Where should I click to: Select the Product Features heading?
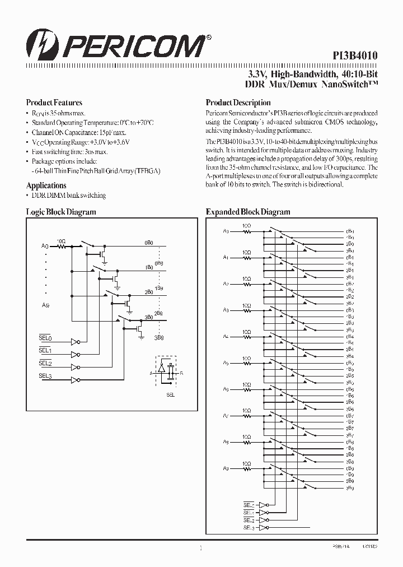(x=54, y=103)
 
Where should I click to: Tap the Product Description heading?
(x=238, y=103)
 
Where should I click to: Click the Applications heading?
(x=46, y=185)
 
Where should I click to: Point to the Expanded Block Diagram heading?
(x=248, y=212)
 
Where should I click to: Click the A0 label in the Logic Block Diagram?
(x=45, y=246)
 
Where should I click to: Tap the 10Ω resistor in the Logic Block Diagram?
(x=62, y=245)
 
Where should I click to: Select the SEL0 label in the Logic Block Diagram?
(x=45, y=338)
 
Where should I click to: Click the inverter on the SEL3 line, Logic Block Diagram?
(x=74, y=380)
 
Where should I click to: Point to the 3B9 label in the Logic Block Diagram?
(x=159, y=338)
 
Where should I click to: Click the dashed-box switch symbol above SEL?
(x=166, y=370)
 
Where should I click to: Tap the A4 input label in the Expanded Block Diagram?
(x=226, y=336)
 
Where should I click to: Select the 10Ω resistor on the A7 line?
(x=246, y=415)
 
